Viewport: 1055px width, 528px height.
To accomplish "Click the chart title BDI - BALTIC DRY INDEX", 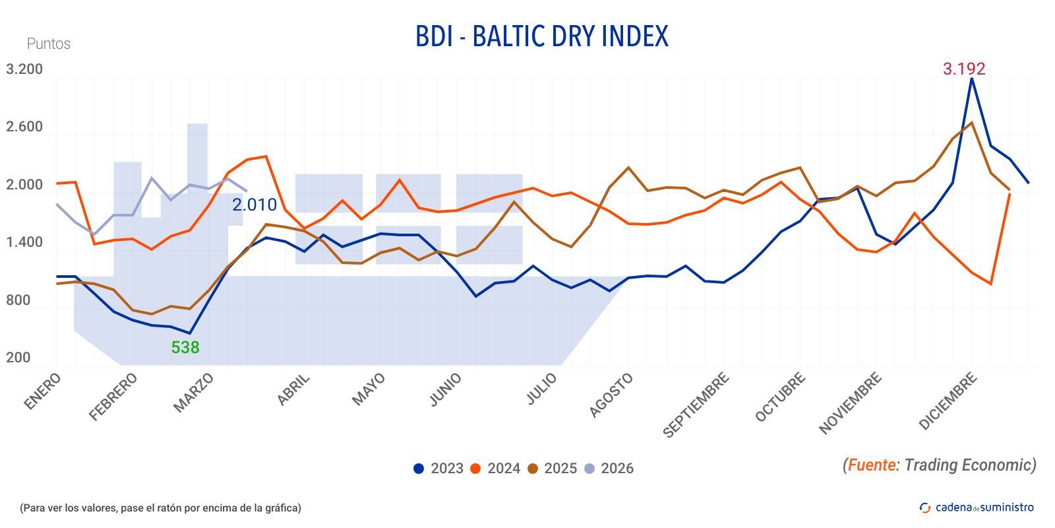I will coord(541,36).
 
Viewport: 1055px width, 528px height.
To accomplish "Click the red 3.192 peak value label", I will coord(963,69).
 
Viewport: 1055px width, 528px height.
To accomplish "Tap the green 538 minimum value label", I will coord(185,347).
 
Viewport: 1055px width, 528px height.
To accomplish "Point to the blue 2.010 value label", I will coord(255,205).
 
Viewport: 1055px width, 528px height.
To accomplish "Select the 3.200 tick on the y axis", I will coord(24,69).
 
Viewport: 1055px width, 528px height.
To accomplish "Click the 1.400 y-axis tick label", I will coord(24,242).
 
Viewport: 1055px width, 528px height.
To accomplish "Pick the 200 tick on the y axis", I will coord(18,358).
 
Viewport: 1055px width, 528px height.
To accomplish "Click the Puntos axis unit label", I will coord(49,44).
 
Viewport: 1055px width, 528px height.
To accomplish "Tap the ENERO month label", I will coord(43,391).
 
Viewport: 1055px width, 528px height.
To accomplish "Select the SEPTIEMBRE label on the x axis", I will coord(696,405).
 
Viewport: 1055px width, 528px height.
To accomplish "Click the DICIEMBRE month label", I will coord(948,401).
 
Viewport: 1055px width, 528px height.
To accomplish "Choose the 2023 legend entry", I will coord(438,469).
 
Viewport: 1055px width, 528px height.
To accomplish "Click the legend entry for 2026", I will coord(609,469).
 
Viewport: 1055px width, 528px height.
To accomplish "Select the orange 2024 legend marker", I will coord(475,469).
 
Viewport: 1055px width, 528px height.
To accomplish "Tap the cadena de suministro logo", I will coord(977,507).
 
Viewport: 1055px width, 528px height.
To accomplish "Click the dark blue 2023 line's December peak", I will coord(971,79).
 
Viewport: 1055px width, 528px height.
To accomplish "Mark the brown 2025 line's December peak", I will coord(971,123).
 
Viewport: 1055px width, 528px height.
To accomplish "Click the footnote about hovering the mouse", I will coord(160,508).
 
